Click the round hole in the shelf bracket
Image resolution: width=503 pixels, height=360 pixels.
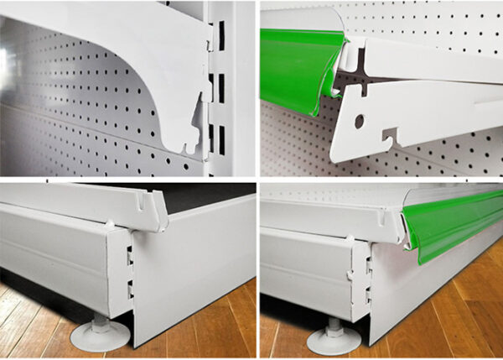click(360, 121)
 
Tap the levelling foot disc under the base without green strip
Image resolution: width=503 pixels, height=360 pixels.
click(100, 336)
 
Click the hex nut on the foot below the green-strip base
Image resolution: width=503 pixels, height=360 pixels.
click(333, 323)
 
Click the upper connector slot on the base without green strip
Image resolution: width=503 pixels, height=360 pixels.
click(130, 255)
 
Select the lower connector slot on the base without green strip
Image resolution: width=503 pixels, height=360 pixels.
click(130, 290)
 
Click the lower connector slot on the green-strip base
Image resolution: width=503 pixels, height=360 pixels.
click(367, 295)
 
